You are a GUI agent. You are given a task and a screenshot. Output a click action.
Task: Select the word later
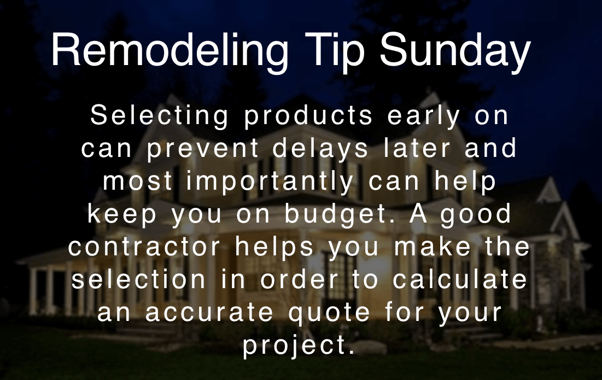click(x=417, y=148)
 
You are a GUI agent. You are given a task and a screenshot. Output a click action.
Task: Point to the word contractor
click(x=144, y=247)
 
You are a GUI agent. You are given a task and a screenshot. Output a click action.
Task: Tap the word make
click(x=432, y=247)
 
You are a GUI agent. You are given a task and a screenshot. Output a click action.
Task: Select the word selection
click(x=139, y=279)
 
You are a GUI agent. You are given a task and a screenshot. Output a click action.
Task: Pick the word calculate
click(x=460, y=279)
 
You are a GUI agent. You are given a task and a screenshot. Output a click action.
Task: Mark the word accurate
click(x=209, y=312)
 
